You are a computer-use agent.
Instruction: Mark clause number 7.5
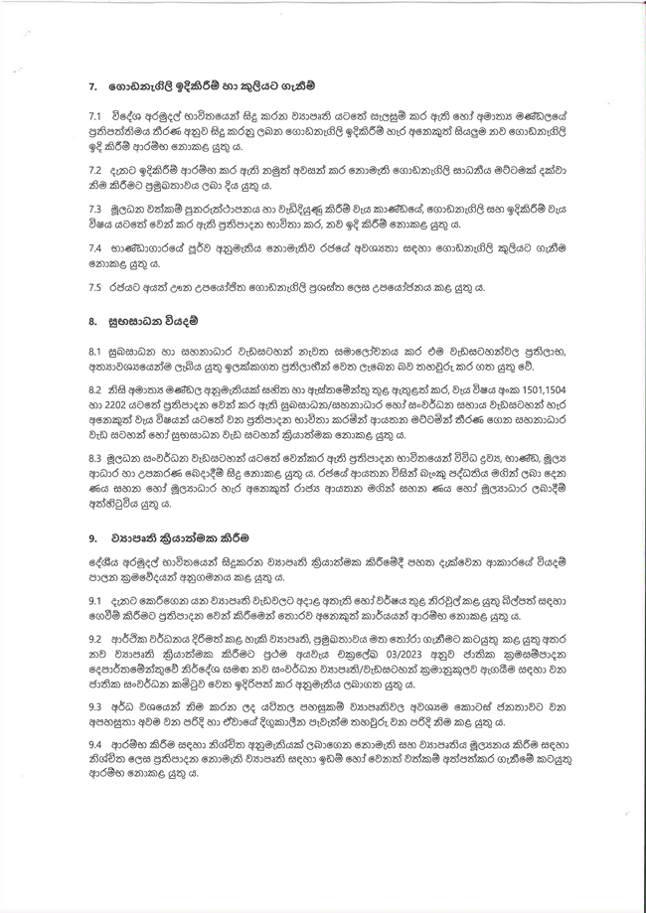click(94, 286)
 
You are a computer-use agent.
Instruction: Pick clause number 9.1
click(94, 601)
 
